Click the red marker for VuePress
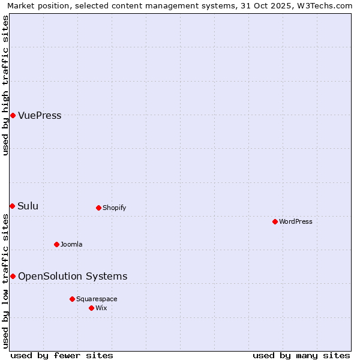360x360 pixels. pos(13,115)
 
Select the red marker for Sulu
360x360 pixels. pos(12,206)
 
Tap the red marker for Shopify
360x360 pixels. pos(98,208)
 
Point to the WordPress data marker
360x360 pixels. pos(275,221)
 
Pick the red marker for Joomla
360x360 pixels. pos(56,244)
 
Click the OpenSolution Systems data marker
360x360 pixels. pos(13,276)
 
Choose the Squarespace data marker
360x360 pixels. pos(72,299)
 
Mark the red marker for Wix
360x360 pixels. pos(91,308)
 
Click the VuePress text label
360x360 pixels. pos(40,116)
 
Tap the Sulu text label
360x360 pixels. pos(28,206)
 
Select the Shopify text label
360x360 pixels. pos(114,208)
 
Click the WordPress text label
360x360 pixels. pos(296,222)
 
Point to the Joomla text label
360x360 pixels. pos(71,245)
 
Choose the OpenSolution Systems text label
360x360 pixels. pos(73,277)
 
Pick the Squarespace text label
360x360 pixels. pos(97,299)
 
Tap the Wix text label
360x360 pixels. pos(101,308)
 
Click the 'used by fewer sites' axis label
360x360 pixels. pos(62,355)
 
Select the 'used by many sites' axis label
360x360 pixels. pos(301,355)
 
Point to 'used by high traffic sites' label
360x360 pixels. pos(6,85)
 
